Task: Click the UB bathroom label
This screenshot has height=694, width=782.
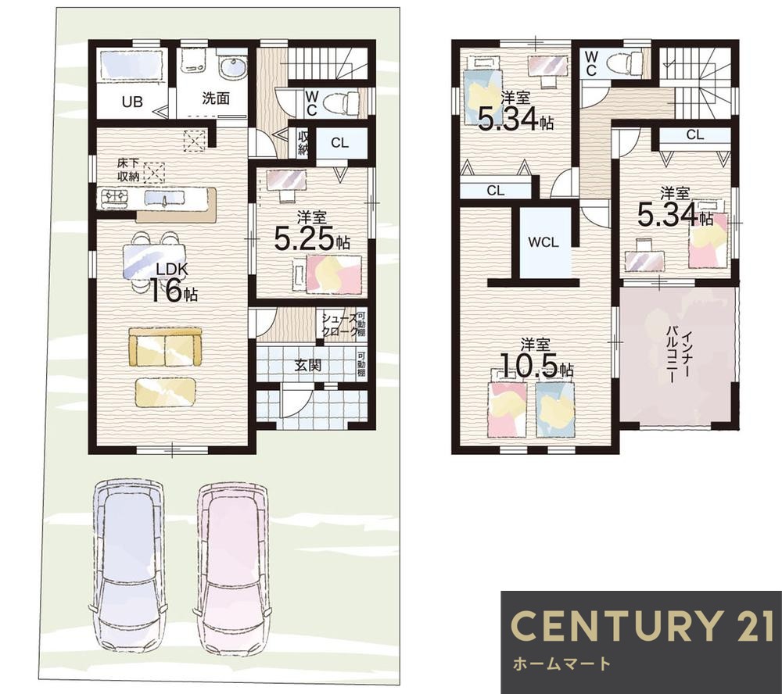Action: pos(132,102)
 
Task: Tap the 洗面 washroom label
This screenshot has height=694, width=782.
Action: pos(216,98)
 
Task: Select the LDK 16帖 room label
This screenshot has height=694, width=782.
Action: pos(173,283)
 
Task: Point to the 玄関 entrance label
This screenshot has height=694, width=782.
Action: pos(307,366)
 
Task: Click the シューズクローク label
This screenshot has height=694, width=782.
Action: pos(339,325)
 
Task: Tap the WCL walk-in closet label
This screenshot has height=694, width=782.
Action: pos(543,243)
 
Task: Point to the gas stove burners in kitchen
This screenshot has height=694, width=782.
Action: pos(114,198)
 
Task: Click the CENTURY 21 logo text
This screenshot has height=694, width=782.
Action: pos(642,625)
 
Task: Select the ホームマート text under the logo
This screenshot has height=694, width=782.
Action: pos(561,664)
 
